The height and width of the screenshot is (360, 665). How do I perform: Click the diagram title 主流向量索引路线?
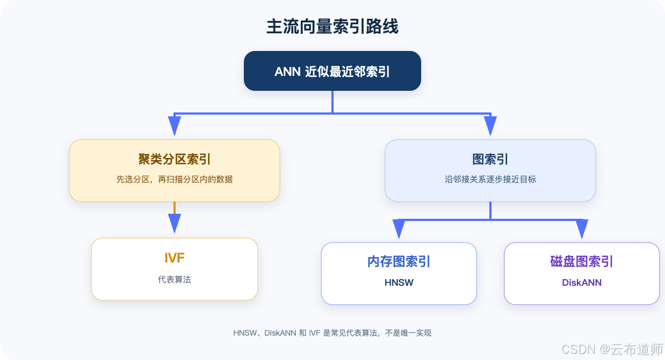pyautogui.click(x=332, y=27)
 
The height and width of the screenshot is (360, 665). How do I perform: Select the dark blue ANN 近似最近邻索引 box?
pyautogui.click(x=332, y=71)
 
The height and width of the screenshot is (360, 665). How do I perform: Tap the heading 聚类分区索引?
pyautogui.click(x=174, y=159)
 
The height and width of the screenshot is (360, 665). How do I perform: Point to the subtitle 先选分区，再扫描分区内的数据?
pyautogui.click(x=174, y=179)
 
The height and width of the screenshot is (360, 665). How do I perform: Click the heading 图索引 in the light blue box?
pyautogui.click(x=490, y=159)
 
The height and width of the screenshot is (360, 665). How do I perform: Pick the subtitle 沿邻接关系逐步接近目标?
pyautogui.click(x=490, y=179)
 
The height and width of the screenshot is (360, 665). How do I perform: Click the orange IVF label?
pyautogui.click(x=174, y=258)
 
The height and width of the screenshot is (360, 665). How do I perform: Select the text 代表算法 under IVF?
pyautogui.click(x=174, y=279)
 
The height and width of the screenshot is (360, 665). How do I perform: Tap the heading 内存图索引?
pyautogui.click(x=398, y=261)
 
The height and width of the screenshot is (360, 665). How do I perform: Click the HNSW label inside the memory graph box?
pyautogui.click(x=398, y=282)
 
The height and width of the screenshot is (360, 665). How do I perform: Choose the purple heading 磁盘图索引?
pyautogui.click(x=581, y=261)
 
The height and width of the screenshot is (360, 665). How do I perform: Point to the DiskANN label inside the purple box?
pyautogui.click(x=581, y=282)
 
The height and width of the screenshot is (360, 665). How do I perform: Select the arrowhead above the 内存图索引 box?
pyautogui.click(x=398, y=229)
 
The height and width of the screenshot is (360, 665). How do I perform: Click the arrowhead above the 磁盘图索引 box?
pyautogui.click(x=582, y=229)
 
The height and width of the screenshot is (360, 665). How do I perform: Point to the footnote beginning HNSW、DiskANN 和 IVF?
pyautogui.click(x=332, y=333)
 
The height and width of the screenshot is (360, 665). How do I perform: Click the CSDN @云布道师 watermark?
pyautogui.click(x=612, y=349)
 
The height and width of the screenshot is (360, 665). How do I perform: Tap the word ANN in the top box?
pyautogui.click(x=288, y=71)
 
